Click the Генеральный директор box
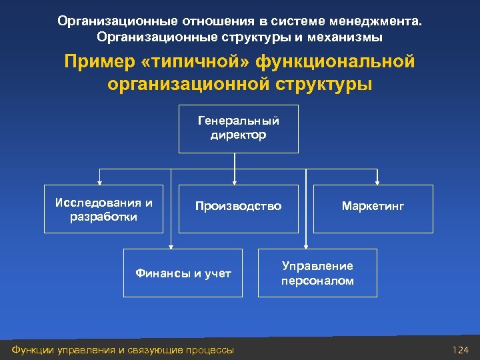click(x=238, y=129)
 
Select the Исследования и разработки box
click(x=103, y=209)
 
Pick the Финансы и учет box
click(x=183, y=273)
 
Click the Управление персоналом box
click(x=317, y=273)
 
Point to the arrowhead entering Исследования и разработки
click(x=100, y=181)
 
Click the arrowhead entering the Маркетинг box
click(x=377, y=181)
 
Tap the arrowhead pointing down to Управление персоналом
click(x=306, y=245)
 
